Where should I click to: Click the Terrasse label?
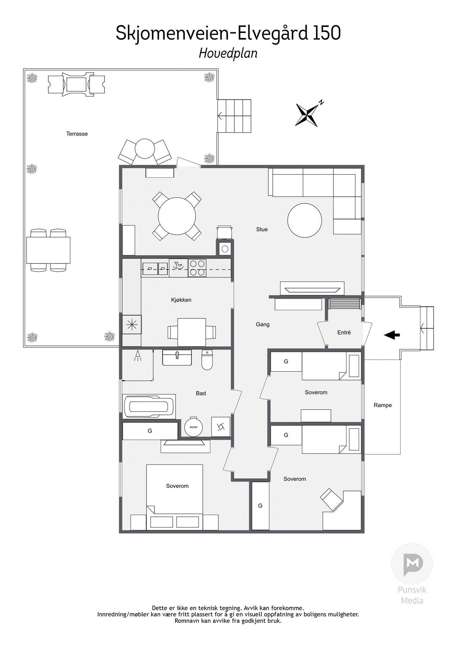[77, 134]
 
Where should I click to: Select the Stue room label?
[262, 229]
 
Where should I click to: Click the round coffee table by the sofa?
[304, 220]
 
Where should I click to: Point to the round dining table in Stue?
[177, 216]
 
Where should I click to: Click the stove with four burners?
[197, 268]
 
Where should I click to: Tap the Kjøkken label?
[181, 300]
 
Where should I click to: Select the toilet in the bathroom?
[207, 360]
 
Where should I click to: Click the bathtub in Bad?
[149, 407]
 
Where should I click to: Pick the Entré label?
[344, 333]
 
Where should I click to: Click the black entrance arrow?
[392, 335]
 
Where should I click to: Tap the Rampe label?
[383, 405]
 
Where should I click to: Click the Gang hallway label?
[262, 324]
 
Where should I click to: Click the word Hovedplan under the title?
[228, 53]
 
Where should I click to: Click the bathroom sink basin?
[177, 357]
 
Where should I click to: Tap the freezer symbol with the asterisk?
[132, 324]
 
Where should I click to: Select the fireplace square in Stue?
[225, 248]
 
